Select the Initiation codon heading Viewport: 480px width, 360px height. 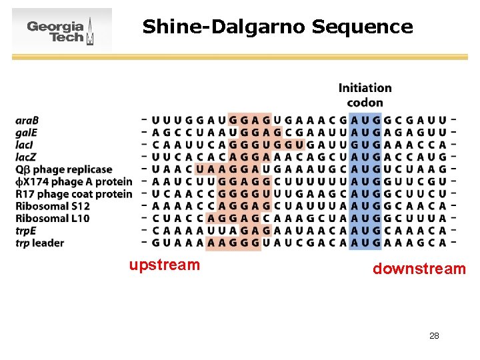click(x=365, y=95)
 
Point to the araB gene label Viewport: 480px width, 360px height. click(x=27, y=121)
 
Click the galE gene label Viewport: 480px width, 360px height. click(x=27, y=133)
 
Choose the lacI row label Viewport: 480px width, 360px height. click(x=25, y=145)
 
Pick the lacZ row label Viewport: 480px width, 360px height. click(x=26, y=157)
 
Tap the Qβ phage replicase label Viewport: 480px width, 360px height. click(x=64, y=169)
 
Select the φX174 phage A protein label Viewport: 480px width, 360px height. click(x=73, y=181)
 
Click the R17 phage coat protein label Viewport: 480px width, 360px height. click(x=73, y=194)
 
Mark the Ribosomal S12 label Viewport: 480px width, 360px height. click(x=53, y=206)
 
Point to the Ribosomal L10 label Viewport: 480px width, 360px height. click(x=53, y=218)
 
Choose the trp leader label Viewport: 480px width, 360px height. click(x=40, y=243)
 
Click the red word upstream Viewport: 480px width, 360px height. click(x=165, y=265)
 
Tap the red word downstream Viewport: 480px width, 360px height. click(x=419, y=269)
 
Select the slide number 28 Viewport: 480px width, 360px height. click(x=434, y=335)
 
